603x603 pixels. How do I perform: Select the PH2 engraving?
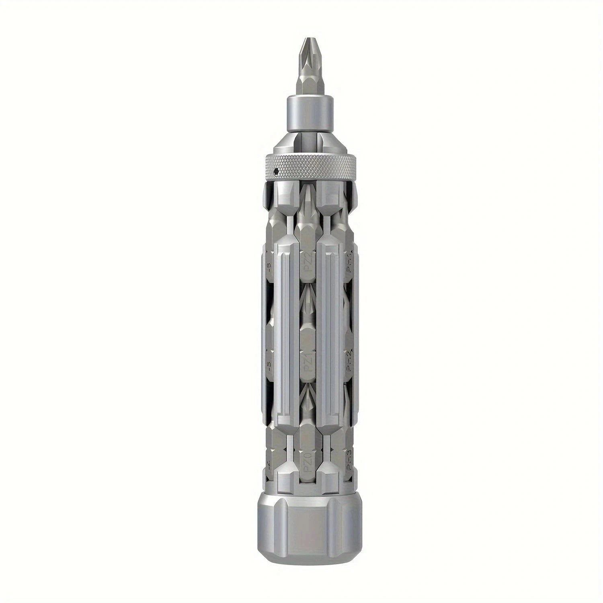point(350,362)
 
